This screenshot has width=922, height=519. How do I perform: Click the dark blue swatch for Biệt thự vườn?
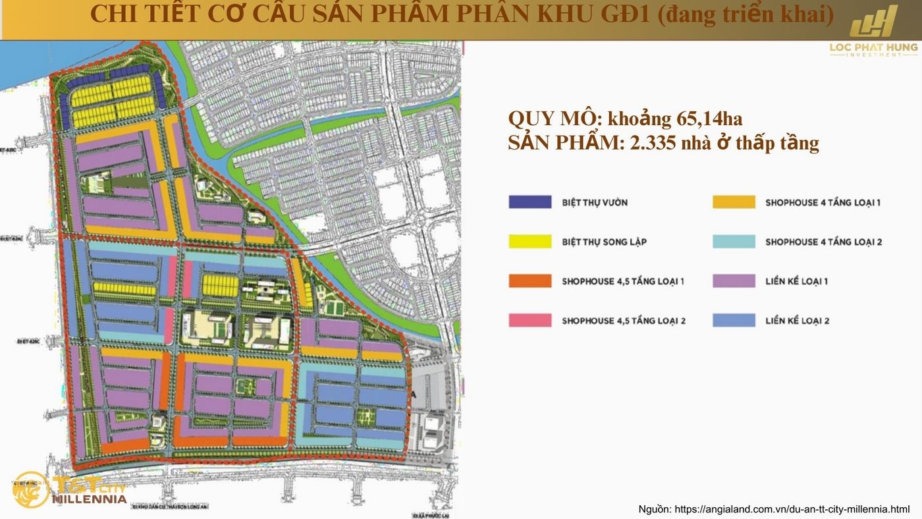click(x=529, y=202)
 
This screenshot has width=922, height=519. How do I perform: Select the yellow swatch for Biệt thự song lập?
click(x=529, y=242)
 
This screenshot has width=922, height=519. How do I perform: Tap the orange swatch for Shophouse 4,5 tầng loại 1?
click(x=529, y=281)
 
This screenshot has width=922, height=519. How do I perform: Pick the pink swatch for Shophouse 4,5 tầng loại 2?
click(x=529, y=321)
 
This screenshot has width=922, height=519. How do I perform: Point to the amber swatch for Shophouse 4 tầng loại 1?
click(x=734, y=202)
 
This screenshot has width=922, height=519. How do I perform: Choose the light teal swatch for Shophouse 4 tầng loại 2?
click(x=734, y=242)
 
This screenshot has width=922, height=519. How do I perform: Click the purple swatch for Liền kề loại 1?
click(x=734, y=281)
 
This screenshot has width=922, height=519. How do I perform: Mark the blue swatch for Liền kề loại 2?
click(x=734, y=321)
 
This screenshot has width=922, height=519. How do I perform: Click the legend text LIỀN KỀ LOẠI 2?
click(x=797, y=321)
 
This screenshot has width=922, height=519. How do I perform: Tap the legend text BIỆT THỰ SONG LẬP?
click(x=604, y=242)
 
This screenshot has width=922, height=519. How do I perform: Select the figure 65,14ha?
click(x=709, y=119)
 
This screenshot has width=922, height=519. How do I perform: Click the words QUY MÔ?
click(x=551, y=119)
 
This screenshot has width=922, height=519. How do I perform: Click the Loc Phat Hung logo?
click(x=873, y=30)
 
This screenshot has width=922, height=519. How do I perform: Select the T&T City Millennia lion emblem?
click(x=30, y=489)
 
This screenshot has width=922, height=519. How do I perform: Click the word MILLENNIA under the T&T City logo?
click(x=89, y=499)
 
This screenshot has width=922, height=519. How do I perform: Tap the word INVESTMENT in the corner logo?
click(x=873, y=55)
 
